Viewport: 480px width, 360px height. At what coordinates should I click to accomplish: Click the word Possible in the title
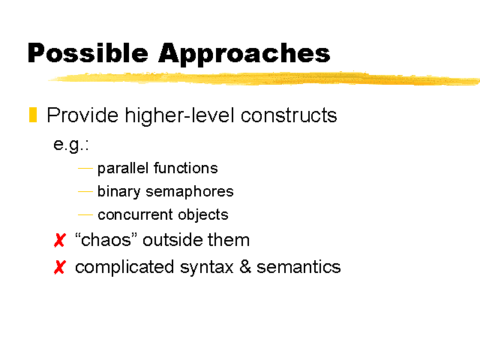click(88, 54)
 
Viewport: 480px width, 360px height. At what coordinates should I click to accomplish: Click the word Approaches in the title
click(244, 54)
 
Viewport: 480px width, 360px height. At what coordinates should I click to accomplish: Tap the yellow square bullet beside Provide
click(33, 115)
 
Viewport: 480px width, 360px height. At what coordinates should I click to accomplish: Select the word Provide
click(82, 115)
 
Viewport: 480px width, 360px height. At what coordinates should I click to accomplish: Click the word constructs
click(289, 115)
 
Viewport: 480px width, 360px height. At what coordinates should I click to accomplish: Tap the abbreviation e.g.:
click(71, 145)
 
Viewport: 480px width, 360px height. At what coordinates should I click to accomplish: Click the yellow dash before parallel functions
click(85, 168)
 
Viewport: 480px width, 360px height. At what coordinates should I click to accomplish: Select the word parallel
click(123, 168)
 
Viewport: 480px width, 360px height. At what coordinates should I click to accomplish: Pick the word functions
click(185, 168)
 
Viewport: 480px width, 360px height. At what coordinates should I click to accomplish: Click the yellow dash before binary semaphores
click(85, 192)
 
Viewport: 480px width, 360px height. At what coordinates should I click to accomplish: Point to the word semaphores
click(190, 192)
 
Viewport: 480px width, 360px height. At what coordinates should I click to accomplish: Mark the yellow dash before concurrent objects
click(85, 215)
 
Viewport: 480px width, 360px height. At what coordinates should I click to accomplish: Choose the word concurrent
click(135, 215)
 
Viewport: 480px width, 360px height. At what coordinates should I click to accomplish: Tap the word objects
click(203, 214)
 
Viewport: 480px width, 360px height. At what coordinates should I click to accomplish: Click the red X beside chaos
click(60, 240)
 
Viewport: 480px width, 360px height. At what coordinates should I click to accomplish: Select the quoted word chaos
click(106, 239)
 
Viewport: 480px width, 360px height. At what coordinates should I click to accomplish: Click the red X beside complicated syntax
click(60, 267)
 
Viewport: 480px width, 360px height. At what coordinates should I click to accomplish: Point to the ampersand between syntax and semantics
click(245, 267)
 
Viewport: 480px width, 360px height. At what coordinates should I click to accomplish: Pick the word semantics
click(298, 267)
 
